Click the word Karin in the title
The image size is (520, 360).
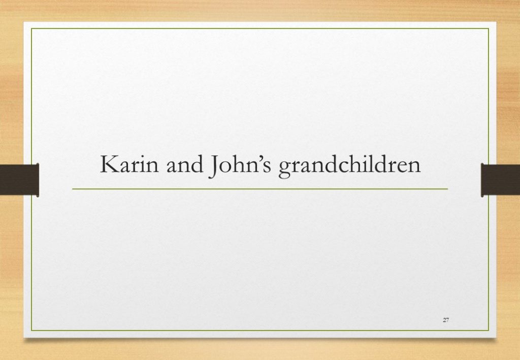pyautogui.click(x=129, y=164)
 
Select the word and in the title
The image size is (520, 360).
pyautogui.click(x=185, y=164)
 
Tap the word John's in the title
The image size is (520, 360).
pyautogui.click(x=240, y=166)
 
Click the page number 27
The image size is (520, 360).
pyautogui.click(x=446, y=320)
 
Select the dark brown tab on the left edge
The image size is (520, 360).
pyautogui.click(x=19, y=180)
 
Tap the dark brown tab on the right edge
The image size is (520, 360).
pyautogui.click(x=500, y=180)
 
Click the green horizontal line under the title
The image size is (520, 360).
pyautogui.click(x=260, y=189)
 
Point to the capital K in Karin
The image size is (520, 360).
pyautogui.click(x=110, y=164)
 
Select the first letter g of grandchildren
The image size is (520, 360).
pyautogui.click(x=285, y=169)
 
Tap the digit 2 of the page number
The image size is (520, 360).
pyautogui.click(x=444, y=320)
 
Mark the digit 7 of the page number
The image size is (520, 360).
pyautogui.click(x=447, y=320)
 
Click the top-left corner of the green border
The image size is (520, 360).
pyautogui.click(x=31, y=28)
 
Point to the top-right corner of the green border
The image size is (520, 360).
pyautogui.click(x=489, y=28)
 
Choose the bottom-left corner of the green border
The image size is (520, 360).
pyautogui.click(x=31, y=331)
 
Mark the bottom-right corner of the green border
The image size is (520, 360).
pyautogui.click(x=489, y=331)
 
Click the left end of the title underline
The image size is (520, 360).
pyautogui.click(x=72, y=189)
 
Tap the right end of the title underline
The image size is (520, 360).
pyautogui.click(x=448, y=189)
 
